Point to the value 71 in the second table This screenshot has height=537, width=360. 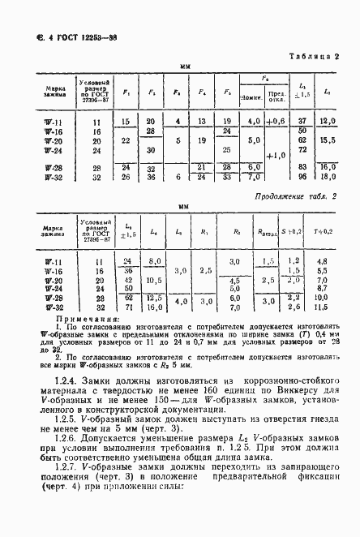click(127, 308)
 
